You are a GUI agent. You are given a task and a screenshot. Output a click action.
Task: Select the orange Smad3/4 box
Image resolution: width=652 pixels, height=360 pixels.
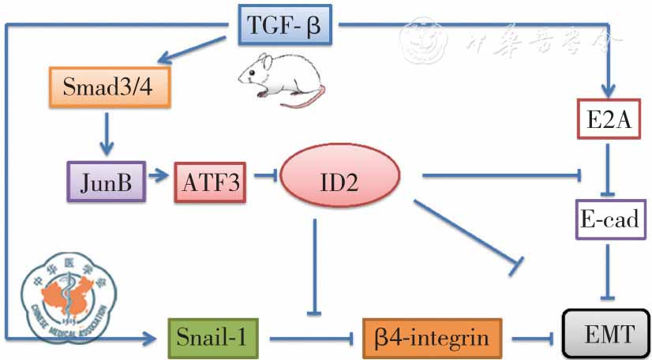click(110, 87)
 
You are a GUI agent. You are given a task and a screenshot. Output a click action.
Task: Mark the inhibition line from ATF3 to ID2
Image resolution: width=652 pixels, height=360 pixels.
click(264, 182)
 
